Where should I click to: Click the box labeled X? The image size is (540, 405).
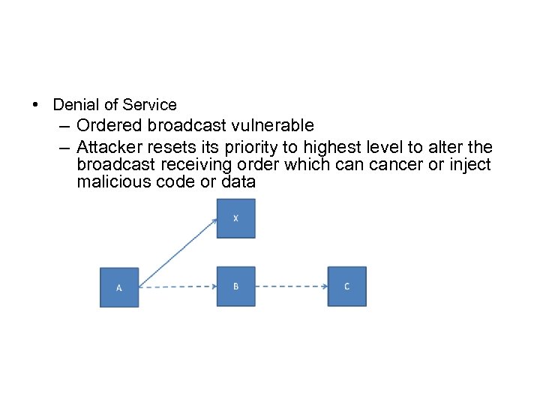coord(235,218)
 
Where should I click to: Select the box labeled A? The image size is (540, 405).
coord(119,286)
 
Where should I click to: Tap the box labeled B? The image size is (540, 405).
coord(235,286)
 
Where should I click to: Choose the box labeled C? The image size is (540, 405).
coord(346,286)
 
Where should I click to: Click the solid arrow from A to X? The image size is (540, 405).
coord(178,252)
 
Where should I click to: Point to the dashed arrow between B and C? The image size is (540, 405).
coord(291,286)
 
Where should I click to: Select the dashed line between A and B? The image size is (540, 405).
coord(178,286)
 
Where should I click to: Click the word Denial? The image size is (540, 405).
coord(73,105)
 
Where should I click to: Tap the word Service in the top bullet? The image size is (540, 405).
coord(149,105)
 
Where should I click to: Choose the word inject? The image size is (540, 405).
coord(470,164)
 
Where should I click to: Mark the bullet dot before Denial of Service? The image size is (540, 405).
coord(37,105)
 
